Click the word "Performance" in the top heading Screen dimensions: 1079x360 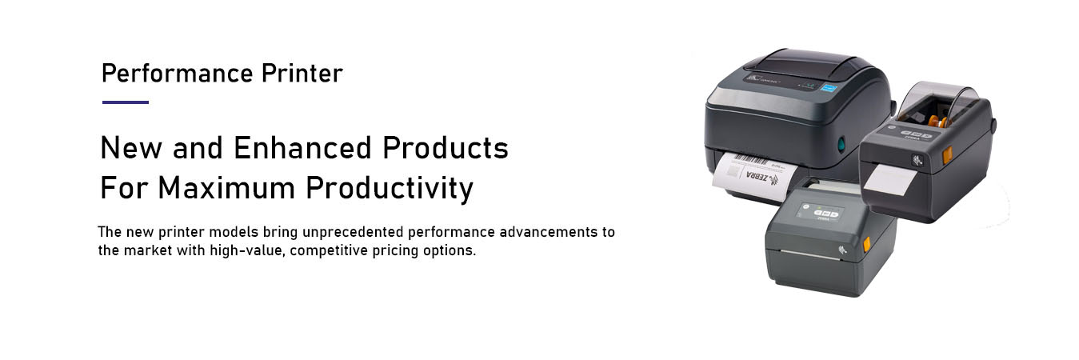178,74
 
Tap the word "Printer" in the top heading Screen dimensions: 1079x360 302,74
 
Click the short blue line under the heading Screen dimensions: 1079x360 126,102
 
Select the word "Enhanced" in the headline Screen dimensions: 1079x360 302,147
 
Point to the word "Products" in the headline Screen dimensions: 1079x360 446,147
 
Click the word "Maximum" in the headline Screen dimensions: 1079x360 226,187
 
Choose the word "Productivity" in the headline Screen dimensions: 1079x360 390,189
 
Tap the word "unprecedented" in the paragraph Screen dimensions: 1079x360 353,232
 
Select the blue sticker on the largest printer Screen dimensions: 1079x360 829,88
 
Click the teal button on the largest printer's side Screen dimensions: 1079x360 841,144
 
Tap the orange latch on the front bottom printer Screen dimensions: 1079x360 866,244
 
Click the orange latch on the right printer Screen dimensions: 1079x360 947,155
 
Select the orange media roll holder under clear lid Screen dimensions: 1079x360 937,121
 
